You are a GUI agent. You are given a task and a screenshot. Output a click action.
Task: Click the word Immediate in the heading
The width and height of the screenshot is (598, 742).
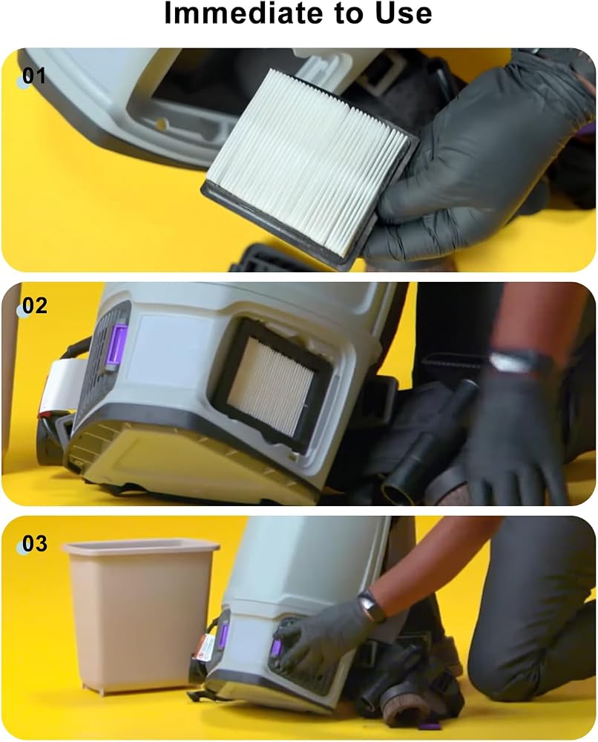coord(245,13)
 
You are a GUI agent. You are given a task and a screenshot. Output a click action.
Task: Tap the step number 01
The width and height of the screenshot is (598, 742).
coord(34,76)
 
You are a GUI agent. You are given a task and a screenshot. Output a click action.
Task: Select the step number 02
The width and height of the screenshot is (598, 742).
coord(35,306)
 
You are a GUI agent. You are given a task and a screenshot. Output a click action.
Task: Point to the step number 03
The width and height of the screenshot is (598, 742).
coord(35,544)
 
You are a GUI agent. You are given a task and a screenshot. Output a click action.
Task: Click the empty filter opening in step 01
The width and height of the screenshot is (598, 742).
coord(189,102)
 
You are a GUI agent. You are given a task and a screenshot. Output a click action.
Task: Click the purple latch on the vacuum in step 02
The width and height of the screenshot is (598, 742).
coord(118,347)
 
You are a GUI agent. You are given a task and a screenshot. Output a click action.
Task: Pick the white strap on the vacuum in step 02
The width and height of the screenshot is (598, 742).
coord(57,384)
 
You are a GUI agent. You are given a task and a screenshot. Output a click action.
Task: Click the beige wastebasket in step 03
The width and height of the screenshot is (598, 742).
coord(139,615)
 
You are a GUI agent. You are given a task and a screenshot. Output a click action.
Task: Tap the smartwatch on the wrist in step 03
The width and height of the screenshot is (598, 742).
coord(372,606)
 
